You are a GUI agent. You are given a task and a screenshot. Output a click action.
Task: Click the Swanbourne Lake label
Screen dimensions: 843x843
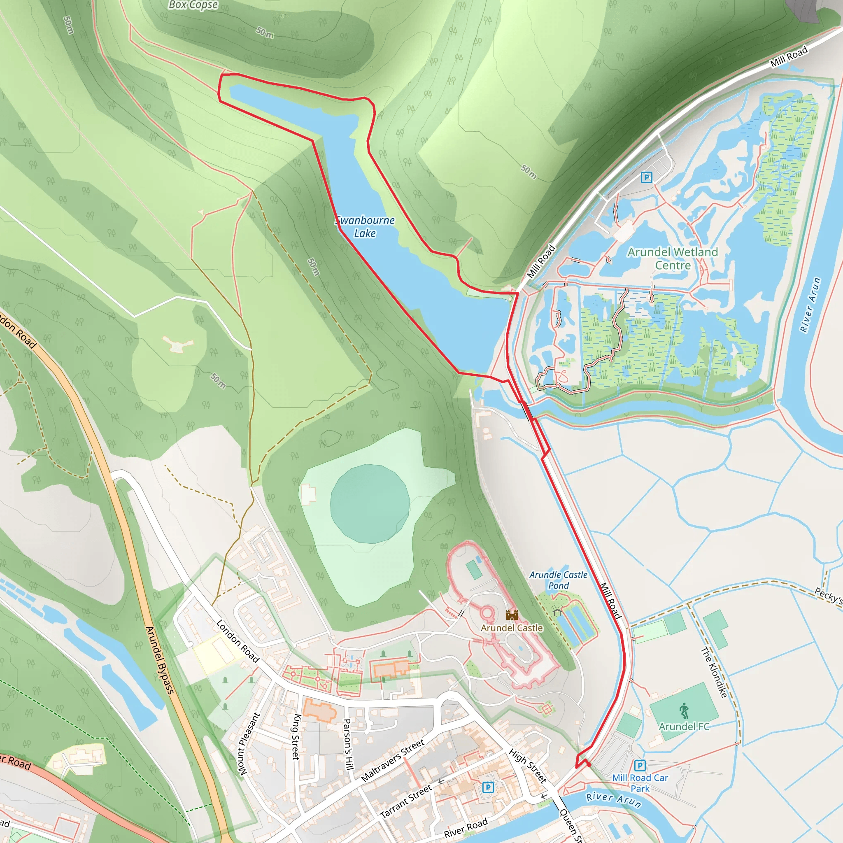[x=365, y=226]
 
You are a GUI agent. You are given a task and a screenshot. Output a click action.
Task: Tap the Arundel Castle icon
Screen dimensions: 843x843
[x=512, y=615]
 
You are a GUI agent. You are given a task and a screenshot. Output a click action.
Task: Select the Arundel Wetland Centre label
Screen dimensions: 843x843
[x=673, y=258]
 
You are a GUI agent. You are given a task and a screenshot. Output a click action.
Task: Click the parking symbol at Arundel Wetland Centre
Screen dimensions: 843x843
[x=646, y=177]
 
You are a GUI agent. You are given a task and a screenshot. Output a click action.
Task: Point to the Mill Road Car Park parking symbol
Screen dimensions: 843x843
[x=640, y=765]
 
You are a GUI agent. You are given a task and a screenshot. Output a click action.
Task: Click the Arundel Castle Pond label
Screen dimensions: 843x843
[x=558, y=580]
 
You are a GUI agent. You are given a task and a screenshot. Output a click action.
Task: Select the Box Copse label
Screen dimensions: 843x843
[x=193, y=5]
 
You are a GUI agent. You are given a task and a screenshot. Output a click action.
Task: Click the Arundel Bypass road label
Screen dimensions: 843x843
[x=160, y=660]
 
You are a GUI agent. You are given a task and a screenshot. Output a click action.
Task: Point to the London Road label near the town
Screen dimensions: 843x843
[x=238, y=641]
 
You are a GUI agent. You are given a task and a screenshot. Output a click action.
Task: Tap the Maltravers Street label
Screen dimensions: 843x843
[x=393, y=760]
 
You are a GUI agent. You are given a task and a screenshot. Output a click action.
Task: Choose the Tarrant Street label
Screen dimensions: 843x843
[x=406, y=801]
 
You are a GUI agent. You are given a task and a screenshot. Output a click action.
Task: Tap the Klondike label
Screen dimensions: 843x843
[x=714, y=672]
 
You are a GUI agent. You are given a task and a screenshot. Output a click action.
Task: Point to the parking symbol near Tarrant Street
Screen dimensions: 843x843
[x=488, y=787]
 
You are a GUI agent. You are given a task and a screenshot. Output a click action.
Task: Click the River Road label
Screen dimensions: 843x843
[x=466, y=828]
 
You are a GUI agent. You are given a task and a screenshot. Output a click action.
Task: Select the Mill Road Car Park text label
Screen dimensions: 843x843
[x=640, y=783]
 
